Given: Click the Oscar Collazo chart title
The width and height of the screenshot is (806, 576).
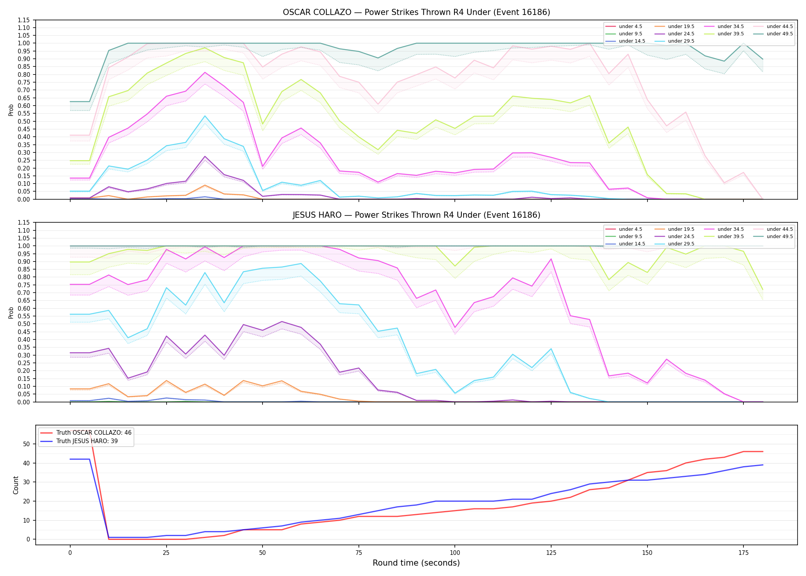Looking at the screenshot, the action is click(x=416, y=12).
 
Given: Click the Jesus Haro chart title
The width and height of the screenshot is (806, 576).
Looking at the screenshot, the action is click(x=416, y=215).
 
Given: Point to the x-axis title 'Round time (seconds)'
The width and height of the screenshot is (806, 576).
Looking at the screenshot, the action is click(x=416, y=563).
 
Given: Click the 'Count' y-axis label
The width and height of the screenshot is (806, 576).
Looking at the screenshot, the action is click(x=16, y=485).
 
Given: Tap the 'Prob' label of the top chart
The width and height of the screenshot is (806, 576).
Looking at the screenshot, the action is click(x=11, y=110).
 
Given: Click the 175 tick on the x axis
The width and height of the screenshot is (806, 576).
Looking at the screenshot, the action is click(x=743, y=553).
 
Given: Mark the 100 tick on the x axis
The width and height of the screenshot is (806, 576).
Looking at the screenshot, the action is click(x=454, y=553).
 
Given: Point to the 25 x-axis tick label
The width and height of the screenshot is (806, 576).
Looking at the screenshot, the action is click(x=166, y=553).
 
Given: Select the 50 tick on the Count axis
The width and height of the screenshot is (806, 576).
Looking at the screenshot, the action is click(x=26, y=444).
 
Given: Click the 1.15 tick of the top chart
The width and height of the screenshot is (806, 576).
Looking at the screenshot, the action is click(x=24, y=20).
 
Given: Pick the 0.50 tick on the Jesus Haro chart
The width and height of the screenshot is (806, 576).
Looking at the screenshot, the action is click(x=24, y=324).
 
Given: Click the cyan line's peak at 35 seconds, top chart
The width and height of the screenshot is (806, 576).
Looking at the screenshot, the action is click(x=205, y=116).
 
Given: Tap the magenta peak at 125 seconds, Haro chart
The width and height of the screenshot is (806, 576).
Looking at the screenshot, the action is click(x=551, y=259).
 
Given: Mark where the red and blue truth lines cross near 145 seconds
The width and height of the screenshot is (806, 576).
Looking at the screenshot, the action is click(x=628, y=480).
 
